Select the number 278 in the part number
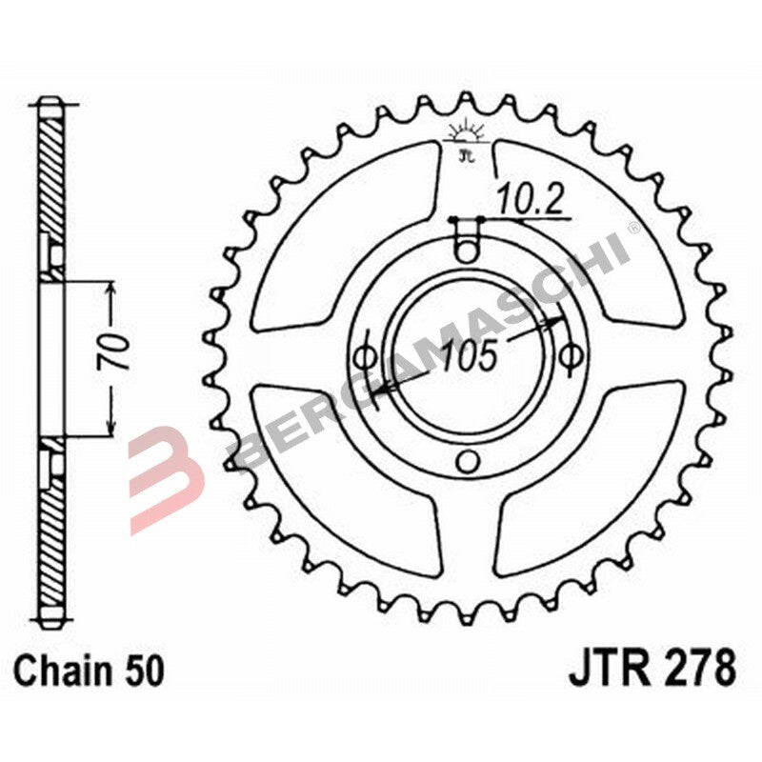[x=701, y=669]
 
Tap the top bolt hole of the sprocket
[x=466, y=252]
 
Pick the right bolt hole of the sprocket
[x=570, y=357]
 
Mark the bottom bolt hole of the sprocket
[x=466, y=462]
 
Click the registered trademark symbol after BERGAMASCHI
[x=633, y=230]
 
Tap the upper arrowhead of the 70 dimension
[x=112, y=290]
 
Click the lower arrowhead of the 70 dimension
[x=112, y=429]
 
